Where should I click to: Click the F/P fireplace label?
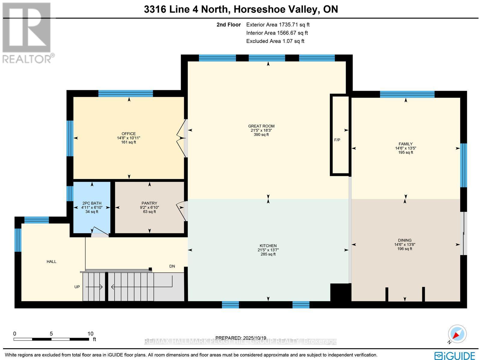[337, 140]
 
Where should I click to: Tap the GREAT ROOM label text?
[261, 126]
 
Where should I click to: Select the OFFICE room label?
[129, 134]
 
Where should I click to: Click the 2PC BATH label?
[92, 203]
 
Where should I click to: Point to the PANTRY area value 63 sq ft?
[149, 212]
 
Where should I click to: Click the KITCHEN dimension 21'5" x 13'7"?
[268, 250]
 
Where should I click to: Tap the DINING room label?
[405, 240]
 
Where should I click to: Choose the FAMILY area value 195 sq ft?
[406, 152]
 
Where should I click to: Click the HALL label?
[51, 261]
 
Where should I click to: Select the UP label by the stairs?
[77, 287]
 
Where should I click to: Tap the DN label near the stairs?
[172, 266]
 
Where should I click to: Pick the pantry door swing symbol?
[181, 210]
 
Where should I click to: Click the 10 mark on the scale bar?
[90, 334]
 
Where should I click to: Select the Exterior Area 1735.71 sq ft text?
[278, 25]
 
